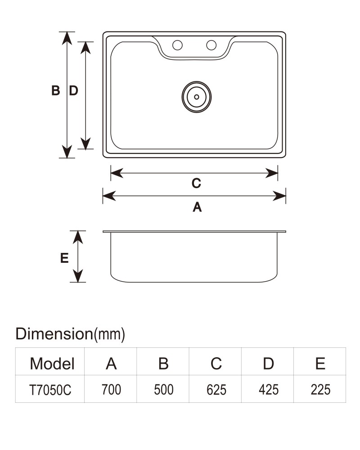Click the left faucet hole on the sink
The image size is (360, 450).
pyautogui.click(x=177, y=45)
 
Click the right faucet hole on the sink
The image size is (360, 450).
pyautogui.click(x=211, y=45)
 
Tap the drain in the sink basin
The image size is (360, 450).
pyautogui.click(x=197, y=97)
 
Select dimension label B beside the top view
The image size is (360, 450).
pyautogui.click(x=56, y=90)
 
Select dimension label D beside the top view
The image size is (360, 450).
pyautogui.click(x=74, y=90)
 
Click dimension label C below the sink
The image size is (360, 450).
pyautogui.click(x=196, y=183)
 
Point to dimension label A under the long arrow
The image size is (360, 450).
pyautogui.click(x=197, y=207)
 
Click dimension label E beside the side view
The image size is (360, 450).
pyautogui.click(x=64, y=258)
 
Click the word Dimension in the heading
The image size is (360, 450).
pyautogui.click(x=54, y=334)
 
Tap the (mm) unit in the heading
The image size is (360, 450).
pyautogui.click(x=110, y=334)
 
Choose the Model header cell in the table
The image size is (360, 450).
pyautogui.click(x=52, y=364)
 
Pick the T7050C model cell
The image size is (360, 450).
pyautogui.click(x=50, y=390)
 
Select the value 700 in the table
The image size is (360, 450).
pyautogui.click(x=112, y=390)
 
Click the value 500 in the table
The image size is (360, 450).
pyautogui.click(x=164, y=390)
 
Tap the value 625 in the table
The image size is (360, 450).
pyautogui.click(x=216, y=390)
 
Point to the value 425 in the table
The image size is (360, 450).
pyautogui.click(x=268, y=390)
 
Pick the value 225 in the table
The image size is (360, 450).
pyautogui.click(x=320, y=390)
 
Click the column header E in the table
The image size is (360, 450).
pyautogui.click(x=320, y=364)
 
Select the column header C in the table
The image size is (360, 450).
pyautogui.click(x=216, y=364)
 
